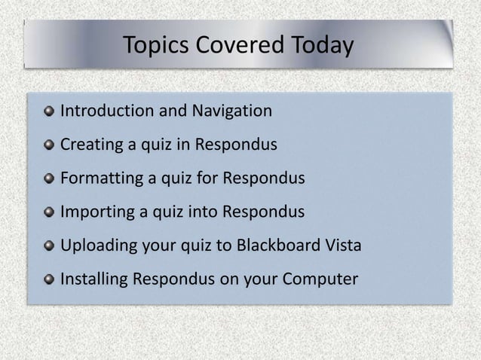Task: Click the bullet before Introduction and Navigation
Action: (x=50, y=113)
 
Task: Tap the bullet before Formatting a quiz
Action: (x=50, y=180)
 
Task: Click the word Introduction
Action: (x=106, y=112)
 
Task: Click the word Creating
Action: (x=90, y=145)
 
